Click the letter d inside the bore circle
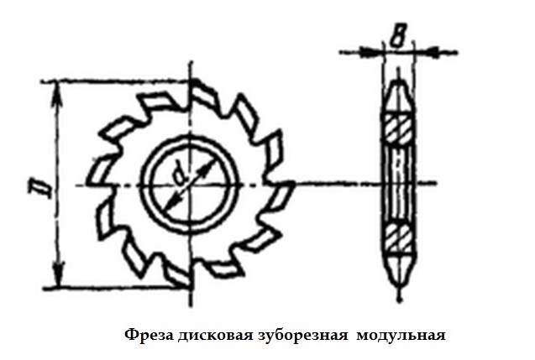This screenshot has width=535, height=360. (x=179, y=175)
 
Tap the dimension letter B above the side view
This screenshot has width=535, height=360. (x=396, y=35)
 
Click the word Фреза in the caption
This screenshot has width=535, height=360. (x=149, y=335)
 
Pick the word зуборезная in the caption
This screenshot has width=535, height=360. (x=302, y=336)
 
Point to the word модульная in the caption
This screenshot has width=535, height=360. (x=401, y=336)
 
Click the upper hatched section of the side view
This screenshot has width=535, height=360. (x=398, y=129)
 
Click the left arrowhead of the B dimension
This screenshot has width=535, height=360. (x=373, y=52)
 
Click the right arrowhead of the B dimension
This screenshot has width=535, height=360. (x=426, y=53)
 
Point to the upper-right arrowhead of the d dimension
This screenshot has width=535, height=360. (x=204, y=170)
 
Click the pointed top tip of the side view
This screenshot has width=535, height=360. (x=398, y=82)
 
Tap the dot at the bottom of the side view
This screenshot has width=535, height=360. (x=399, y=300)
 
